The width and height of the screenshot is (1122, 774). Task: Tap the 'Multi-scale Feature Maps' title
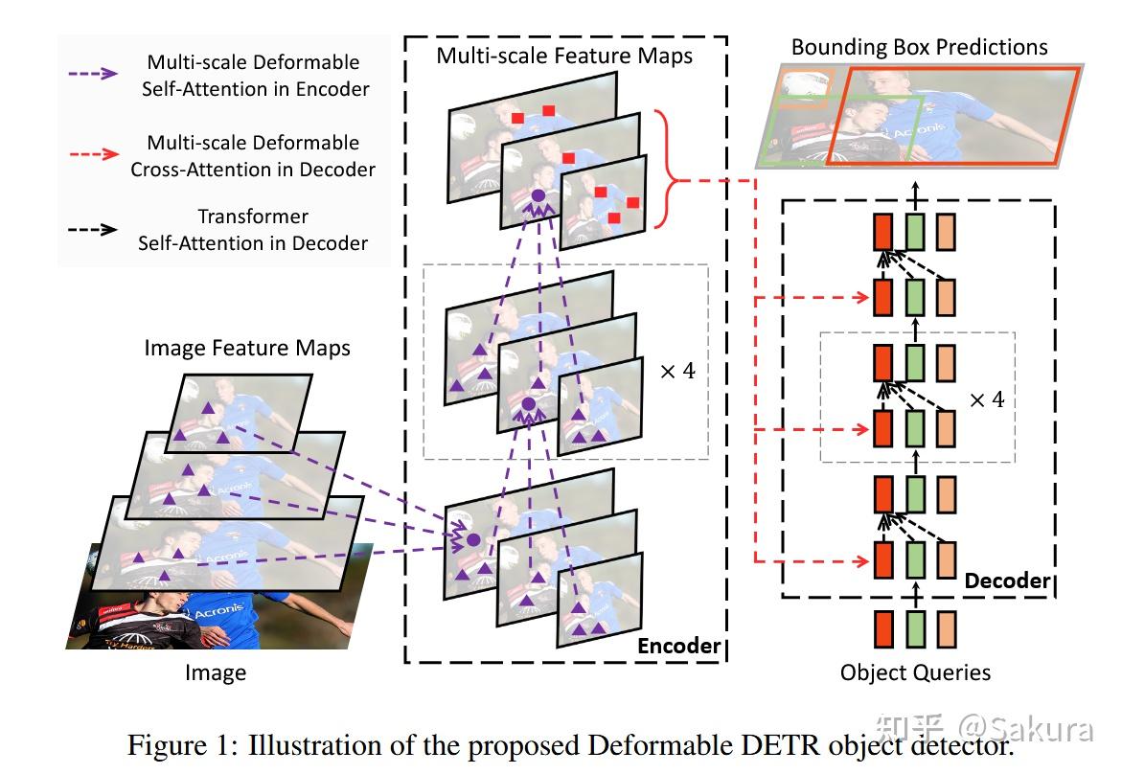tap(564, 56)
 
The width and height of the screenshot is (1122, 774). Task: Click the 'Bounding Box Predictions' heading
tap(919, 47)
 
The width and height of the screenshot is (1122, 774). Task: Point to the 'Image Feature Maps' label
tap(247, 348)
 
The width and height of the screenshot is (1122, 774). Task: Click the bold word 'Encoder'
tap(678, 646)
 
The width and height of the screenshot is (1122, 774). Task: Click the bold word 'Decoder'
tap(1007, 580)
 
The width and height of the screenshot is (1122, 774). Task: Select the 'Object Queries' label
tap(915, 672)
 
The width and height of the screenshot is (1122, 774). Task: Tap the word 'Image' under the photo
tap(216, 673)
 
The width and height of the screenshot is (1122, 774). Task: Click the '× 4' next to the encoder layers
tap(677, 371)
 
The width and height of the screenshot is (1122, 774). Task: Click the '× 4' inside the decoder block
tap(987, 399)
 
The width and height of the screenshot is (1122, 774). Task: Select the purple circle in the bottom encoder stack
tap(472, 540)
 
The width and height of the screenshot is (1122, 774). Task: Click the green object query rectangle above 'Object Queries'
tap(915, 628)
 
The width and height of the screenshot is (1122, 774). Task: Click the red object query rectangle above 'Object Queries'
tap(882, 628)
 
